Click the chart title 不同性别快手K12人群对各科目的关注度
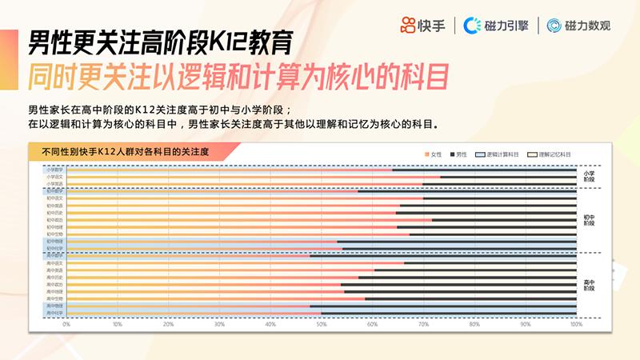pos(119,151)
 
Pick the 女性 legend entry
pos(433,153)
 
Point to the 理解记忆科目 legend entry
pos(553,153)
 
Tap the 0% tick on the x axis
pos(66,324)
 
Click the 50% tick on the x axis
pos(322,324)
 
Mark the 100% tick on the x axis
pos(575,324)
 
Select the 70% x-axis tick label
pos(423,324)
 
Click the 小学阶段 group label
pos(589,177)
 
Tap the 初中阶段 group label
pos(589,219)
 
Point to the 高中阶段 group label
pos(589,286)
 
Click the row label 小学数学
pos(54,170)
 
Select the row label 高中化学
pos(54,313)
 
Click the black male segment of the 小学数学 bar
pos(484,170)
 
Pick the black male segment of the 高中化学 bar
pos(448,313)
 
